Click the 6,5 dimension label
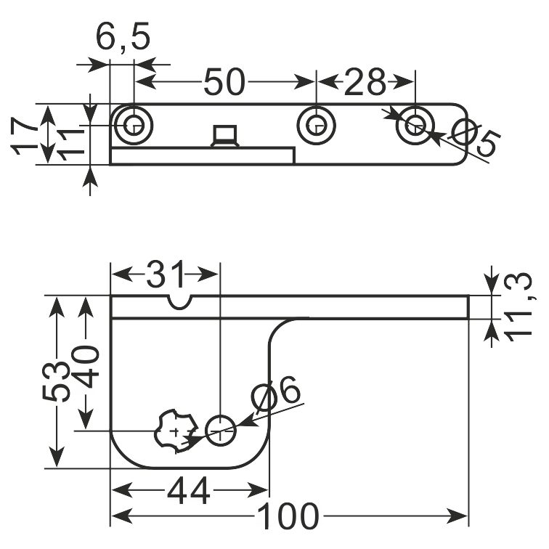(x=123, y=38)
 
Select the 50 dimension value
(x=225, y=82)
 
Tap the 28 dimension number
(x=365, y=82)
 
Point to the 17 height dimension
(x=24, y=136)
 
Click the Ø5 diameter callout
(x=474, y=137)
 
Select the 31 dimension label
(x=166, y=274)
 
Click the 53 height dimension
(x=56, y=381)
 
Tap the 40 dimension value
(x=85, y=367)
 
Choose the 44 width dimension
(x=189, y=490)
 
